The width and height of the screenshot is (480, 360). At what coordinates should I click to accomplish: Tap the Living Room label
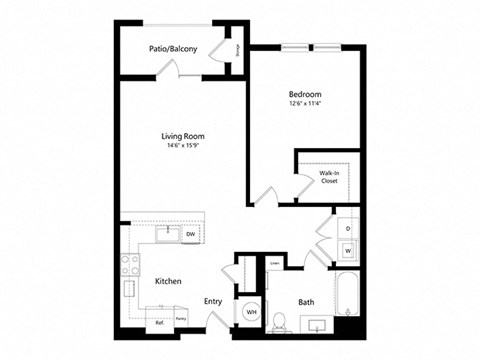coord(183,138)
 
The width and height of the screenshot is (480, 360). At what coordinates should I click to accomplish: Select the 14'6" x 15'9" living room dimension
coord(183,148)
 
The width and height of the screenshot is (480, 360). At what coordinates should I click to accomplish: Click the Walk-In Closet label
coord(328,177)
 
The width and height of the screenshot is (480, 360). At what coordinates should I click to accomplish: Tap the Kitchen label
coord(168,281)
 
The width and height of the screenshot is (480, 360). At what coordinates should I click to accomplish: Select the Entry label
coord(213,300)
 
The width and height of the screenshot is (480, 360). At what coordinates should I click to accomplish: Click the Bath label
coord(307,301)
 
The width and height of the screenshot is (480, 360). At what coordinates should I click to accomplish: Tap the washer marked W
coord(347,250)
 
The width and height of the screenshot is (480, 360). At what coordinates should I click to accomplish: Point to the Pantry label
coord(181,319)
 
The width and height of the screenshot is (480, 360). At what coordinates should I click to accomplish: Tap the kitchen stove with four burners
coord(130,264)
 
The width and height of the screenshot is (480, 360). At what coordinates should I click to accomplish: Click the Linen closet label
coord(274,263)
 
